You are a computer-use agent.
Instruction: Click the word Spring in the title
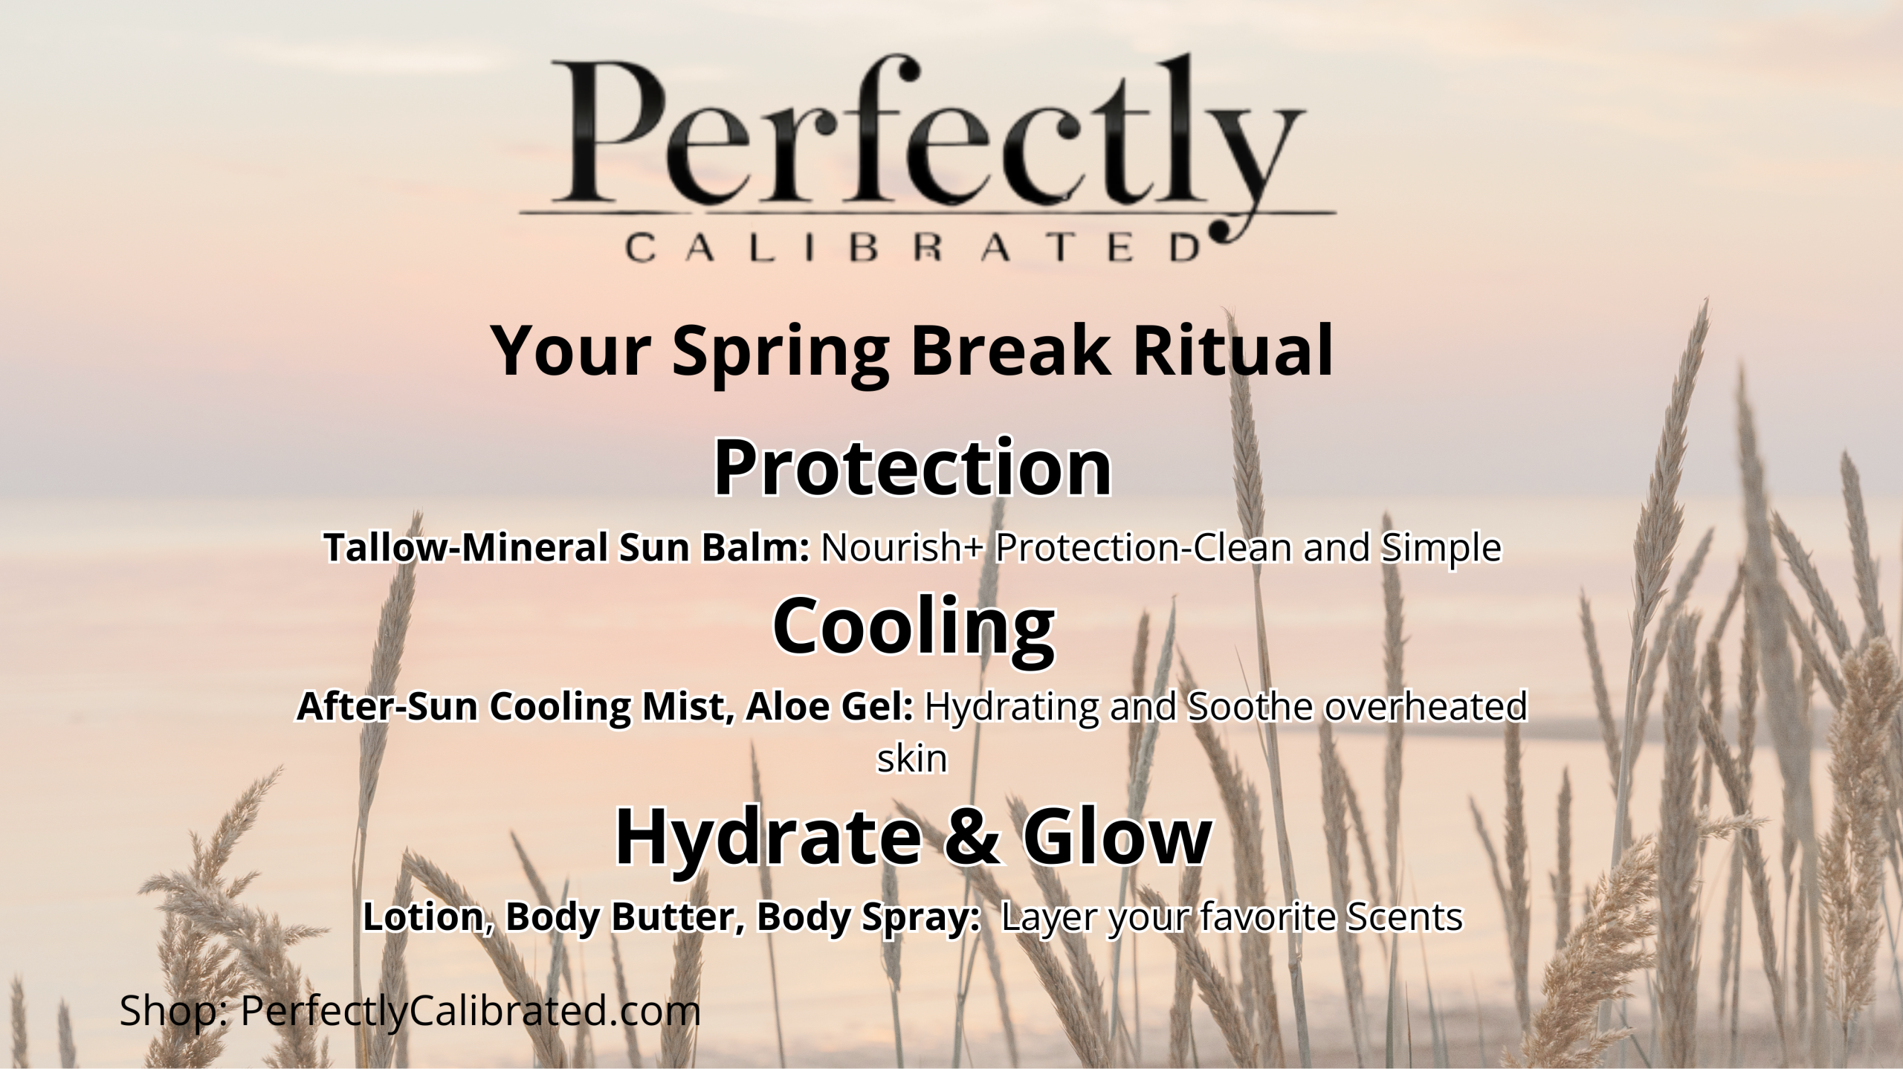point(781,354)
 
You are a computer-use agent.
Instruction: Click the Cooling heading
point(914,627)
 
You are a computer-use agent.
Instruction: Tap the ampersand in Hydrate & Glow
point(976,837)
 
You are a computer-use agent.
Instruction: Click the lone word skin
point(912,759)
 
